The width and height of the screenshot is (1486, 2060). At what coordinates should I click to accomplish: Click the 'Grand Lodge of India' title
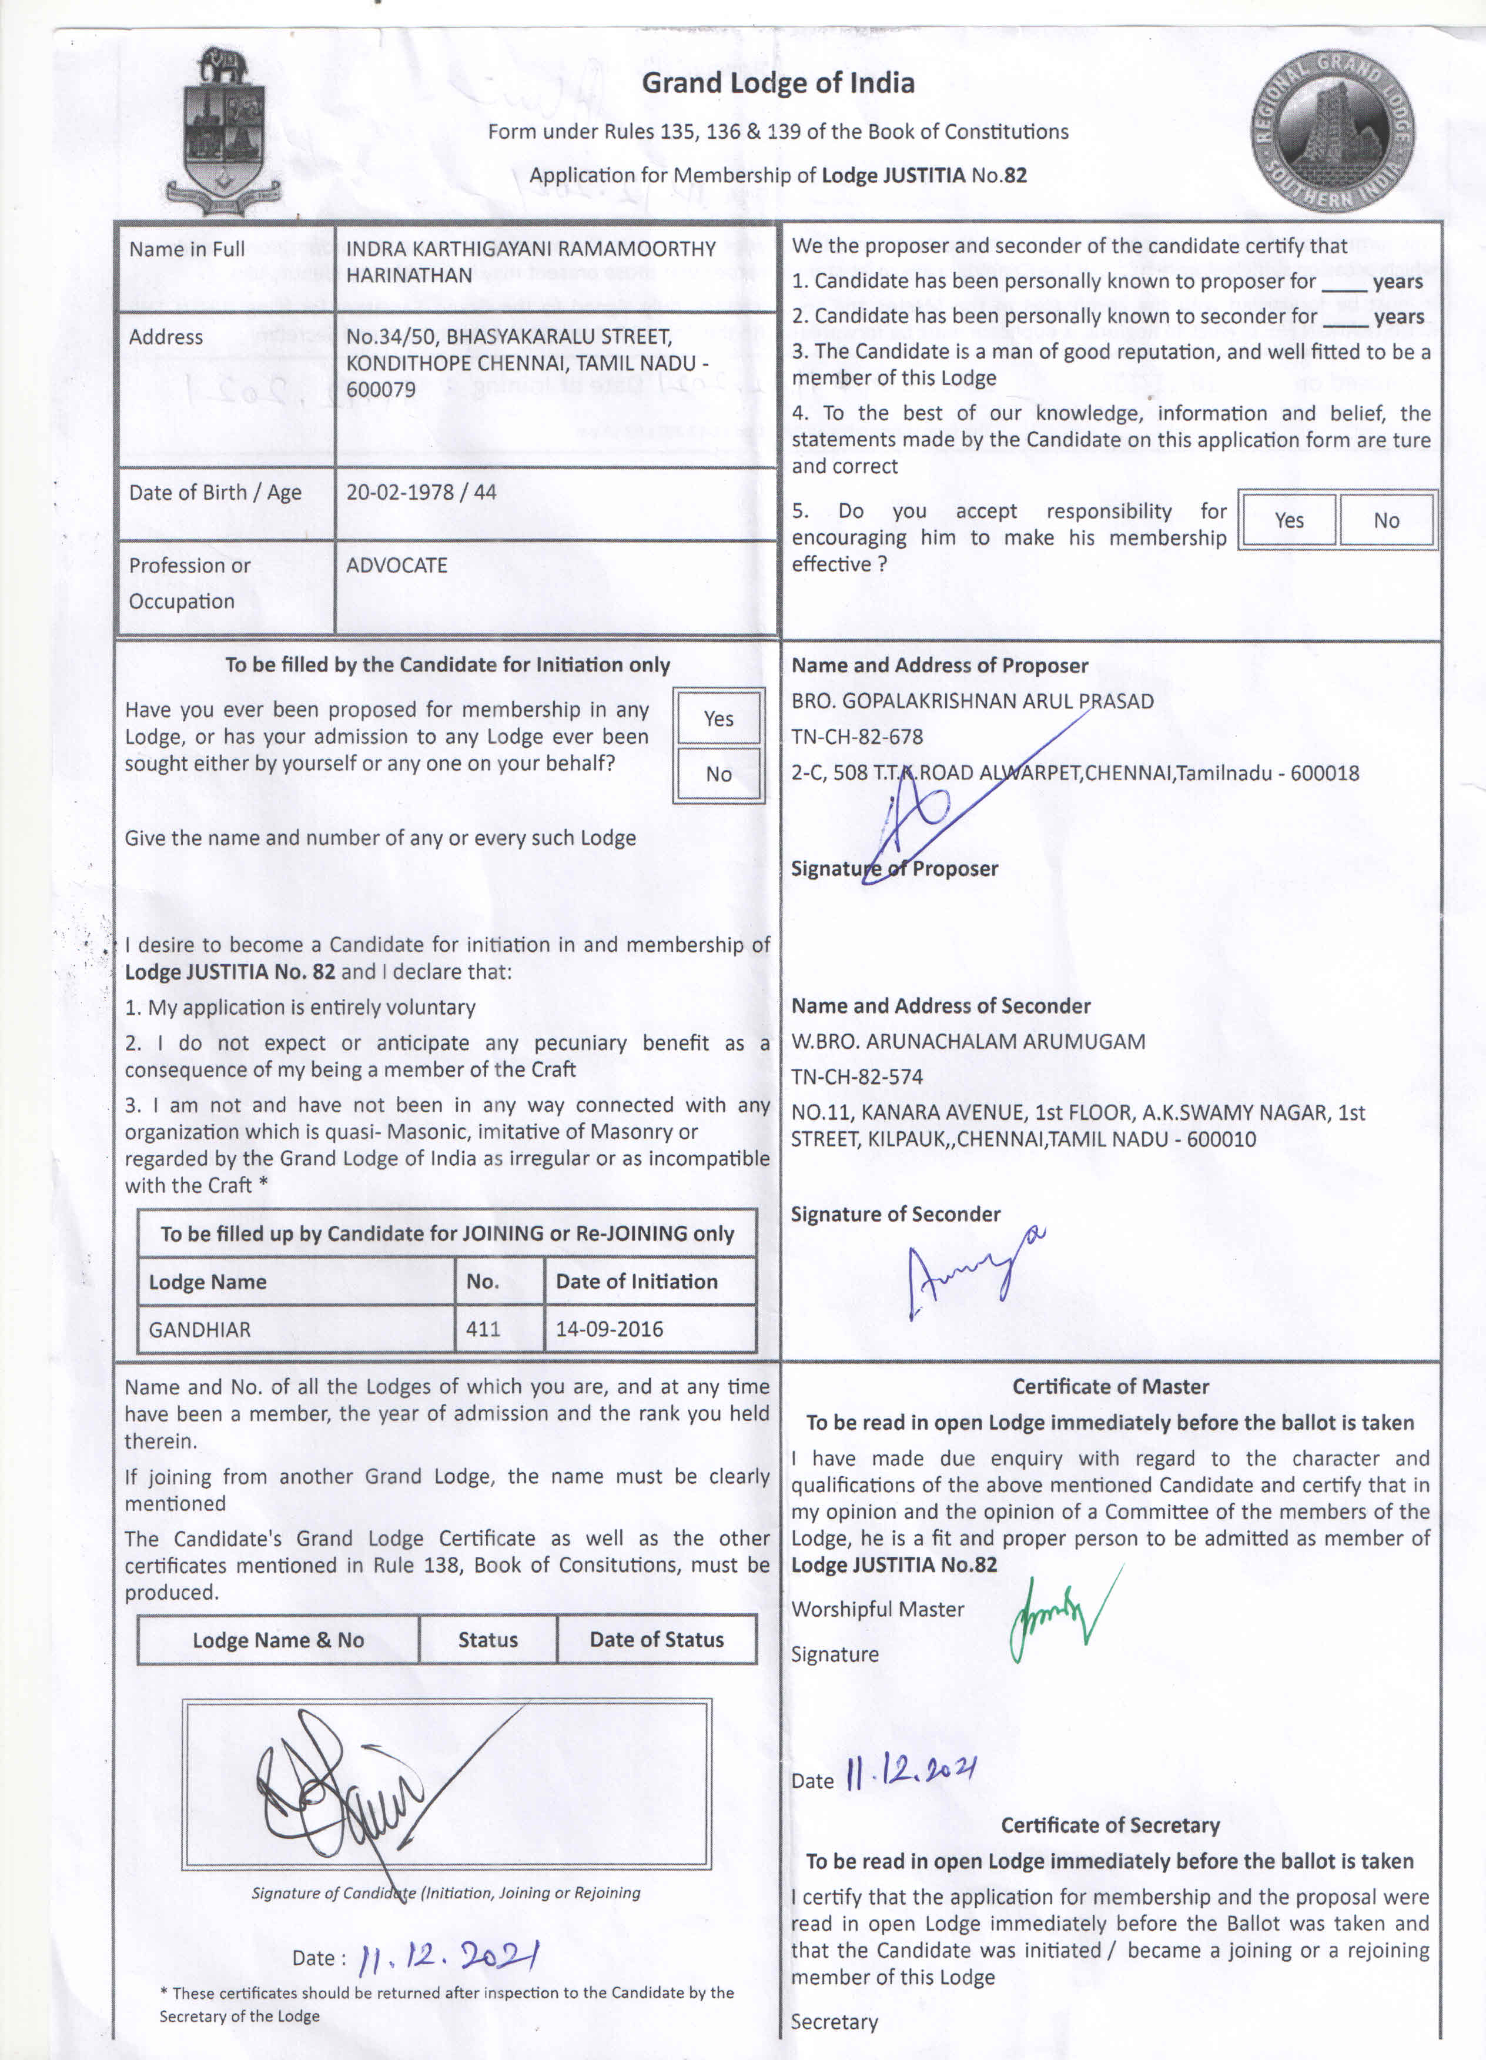pos(778,83)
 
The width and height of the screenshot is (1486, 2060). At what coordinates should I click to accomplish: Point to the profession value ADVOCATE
pos(396,565)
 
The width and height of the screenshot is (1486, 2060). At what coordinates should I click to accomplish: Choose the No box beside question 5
pos(1386,520)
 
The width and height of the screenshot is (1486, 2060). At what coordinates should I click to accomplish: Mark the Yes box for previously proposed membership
pos(718,718)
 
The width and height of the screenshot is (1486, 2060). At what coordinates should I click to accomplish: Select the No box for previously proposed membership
pos(718,774)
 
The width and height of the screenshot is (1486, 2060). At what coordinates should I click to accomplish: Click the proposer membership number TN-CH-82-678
pos(856,737)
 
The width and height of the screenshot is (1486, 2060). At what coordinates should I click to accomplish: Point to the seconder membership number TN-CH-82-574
pos(856,1077)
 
